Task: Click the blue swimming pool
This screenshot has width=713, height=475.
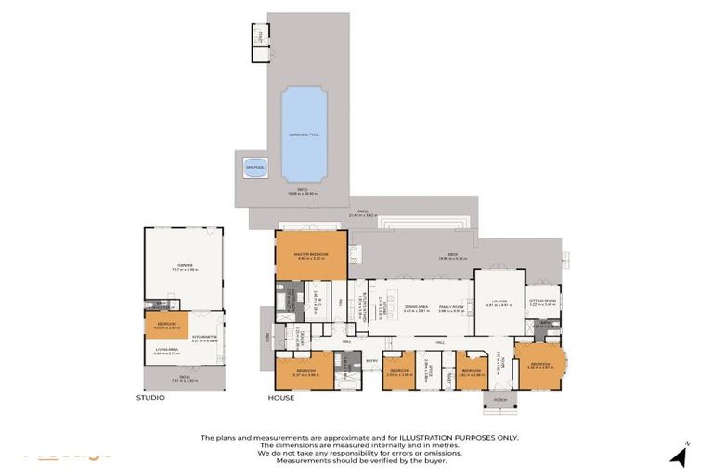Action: coord(304,134)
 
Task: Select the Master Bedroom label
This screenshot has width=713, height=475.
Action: coord(311,256)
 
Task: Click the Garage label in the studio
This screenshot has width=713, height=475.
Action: coord(184,264)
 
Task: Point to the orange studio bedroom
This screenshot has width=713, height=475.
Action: coord(165,325)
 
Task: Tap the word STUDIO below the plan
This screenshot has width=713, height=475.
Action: coord(149,398)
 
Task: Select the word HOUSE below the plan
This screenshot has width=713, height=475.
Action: coord(280,398)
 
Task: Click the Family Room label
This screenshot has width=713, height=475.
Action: coord(451,307)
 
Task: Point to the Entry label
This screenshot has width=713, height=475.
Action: coord(371,361)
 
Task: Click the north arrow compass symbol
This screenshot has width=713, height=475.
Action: coord(680,455)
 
